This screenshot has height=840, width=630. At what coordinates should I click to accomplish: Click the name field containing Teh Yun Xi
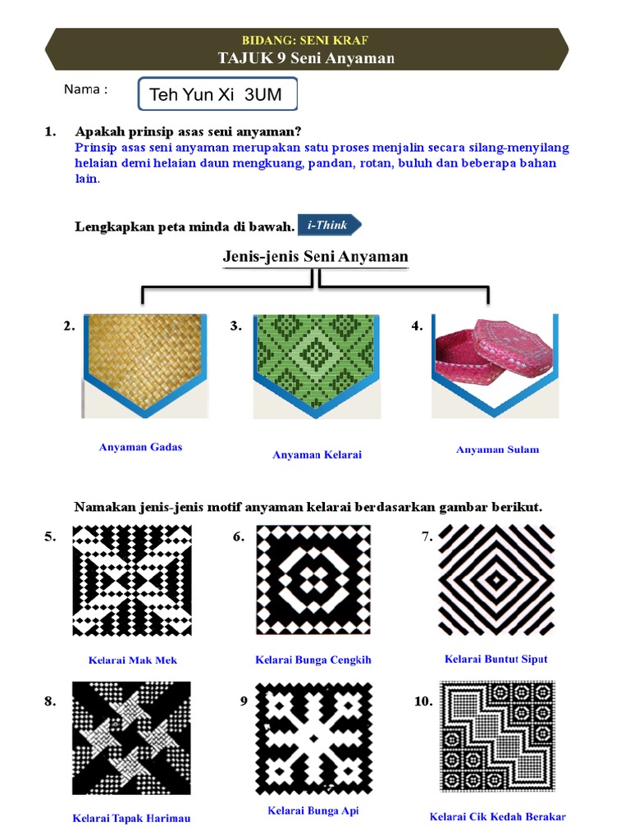[x=217, y=94]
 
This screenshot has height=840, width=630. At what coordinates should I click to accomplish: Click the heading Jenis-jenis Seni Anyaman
[x=316, y=256]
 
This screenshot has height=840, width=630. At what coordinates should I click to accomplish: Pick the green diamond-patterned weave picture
[x=317, y=364]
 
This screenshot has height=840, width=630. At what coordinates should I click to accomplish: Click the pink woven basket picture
[x=495, y=364]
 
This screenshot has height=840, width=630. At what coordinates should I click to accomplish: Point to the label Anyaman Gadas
[x=140, y=447]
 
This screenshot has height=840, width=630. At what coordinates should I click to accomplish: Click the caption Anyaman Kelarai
[x=317, y=454]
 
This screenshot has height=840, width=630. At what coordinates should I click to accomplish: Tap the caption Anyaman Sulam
[x=498, y=450]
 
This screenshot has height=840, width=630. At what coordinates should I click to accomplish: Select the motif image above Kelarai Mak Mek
[x=132, y=581]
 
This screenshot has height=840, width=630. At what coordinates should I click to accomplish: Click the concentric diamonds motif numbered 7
[x=496, y=580]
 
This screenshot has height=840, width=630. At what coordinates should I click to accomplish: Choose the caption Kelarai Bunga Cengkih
[x=313, y=660]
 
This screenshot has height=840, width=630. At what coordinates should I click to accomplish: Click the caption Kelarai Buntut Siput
[x=496, y=659]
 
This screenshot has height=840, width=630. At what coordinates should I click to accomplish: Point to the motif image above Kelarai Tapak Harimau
[x=131, y=738]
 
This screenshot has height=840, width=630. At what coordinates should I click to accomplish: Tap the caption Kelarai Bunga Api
[x=313, y=810]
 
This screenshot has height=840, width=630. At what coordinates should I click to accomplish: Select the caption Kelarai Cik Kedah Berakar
[x=498, y=816]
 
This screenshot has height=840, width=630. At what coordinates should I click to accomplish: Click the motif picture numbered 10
[x=497, y=736]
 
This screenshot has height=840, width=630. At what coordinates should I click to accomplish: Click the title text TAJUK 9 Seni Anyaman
[x=307, y=58]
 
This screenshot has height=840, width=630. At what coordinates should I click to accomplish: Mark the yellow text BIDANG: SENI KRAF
[x=305, y=40]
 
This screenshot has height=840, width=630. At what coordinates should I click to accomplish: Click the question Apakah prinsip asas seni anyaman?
[x=188, y=131]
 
